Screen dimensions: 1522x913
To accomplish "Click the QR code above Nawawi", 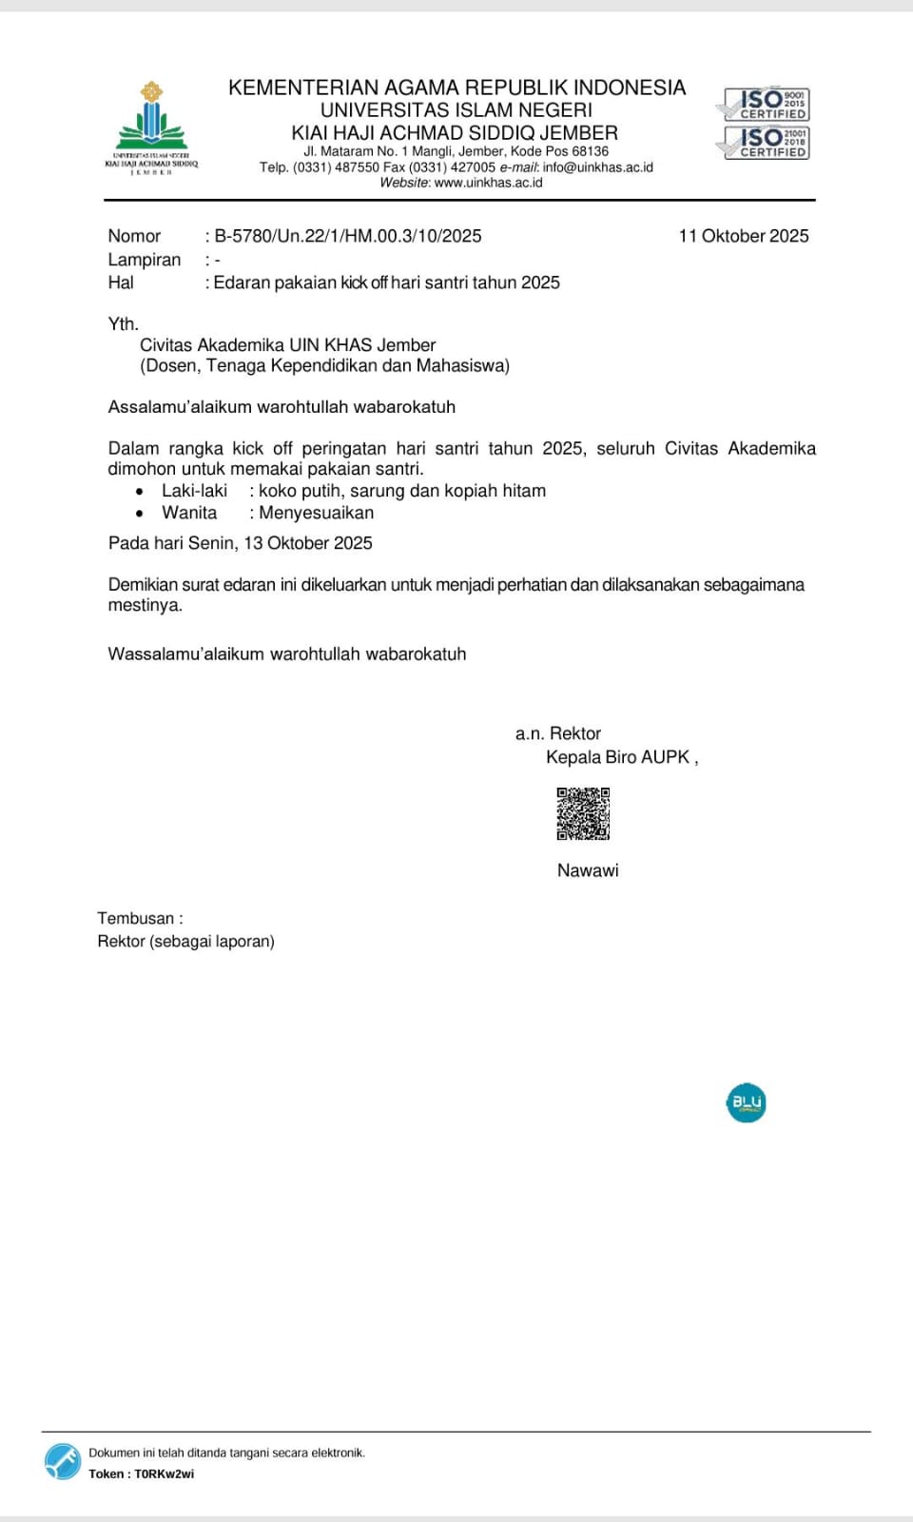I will click(583, 813).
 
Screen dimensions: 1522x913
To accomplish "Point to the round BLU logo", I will click(746, 1102).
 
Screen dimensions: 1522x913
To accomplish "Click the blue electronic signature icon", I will click(63, 1462).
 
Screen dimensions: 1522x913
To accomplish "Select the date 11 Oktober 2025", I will click(743, 236).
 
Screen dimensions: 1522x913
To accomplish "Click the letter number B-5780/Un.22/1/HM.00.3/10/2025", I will click(348, 236).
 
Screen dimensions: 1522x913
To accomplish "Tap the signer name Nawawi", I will click(588, 870).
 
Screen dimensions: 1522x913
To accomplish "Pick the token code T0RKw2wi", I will click(164, 1474).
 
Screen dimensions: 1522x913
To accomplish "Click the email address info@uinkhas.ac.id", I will click(598, 167).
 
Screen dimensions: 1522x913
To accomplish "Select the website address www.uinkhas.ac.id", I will click(488, 183).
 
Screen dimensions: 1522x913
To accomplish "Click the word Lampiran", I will click(144, 260).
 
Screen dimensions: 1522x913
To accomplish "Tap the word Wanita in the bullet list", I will click(189, 513).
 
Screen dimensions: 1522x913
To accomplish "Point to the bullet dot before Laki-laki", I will click(140, 492).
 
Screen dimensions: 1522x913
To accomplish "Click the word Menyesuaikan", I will click(316, 513).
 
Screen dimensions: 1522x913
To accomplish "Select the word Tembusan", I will click(135, 919).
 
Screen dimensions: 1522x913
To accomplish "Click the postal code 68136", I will click(590, 151).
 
